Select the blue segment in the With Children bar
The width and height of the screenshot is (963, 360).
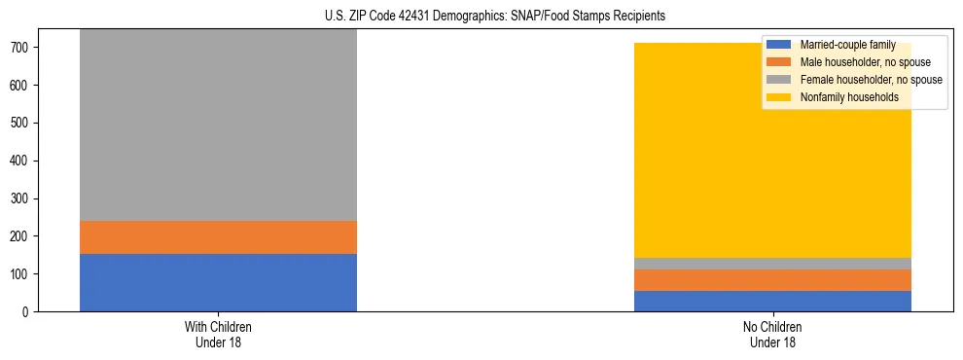[218, 282]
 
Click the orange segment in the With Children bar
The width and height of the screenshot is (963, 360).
[218, 237]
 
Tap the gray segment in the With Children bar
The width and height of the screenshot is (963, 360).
[218, 126]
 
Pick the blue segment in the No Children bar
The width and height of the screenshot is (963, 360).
[772, 301]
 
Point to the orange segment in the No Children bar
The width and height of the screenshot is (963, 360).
[772, 279]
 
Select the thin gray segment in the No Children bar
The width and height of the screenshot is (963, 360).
[772, 263]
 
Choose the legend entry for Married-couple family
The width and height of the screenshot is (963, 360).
[846, 45]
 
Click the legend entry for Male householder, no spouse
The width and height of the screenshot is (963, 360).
[857, 62]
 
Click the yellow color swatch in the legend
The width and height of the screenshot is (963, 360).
[779, 97]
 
